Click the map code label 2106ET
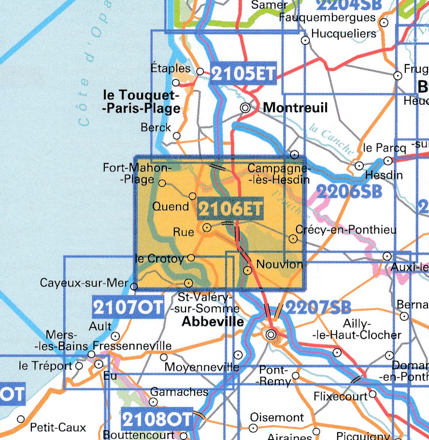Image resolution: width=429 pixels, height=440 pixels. point(230,210)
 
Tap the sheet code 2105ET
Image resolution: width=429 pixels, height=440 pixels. point(243,74)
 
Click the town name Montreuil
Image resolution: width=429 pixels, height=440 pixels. point(295,107)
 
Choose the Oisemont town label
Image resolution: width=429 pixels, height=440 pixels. point(277,417)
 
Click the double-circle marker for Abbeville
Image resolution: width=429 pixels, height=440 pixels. point(271,334)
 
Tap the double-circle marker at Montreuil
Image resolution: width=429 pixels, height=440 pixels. point(245,108)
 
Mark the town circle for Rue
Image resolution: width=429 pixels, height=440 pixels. point(207,227)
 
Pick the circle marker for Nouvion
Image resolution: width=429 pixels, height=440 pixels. point(247,270)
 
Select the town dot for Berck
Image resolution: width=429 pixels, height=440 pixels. point(177,136)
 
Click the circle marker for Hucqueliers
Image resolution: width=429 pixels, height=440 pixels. point(305,41)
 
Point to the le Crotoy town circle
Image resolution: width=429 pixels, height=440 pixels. point(191,258)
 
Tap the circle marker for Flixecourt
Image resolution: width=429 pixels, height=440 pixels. point(372,395)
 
